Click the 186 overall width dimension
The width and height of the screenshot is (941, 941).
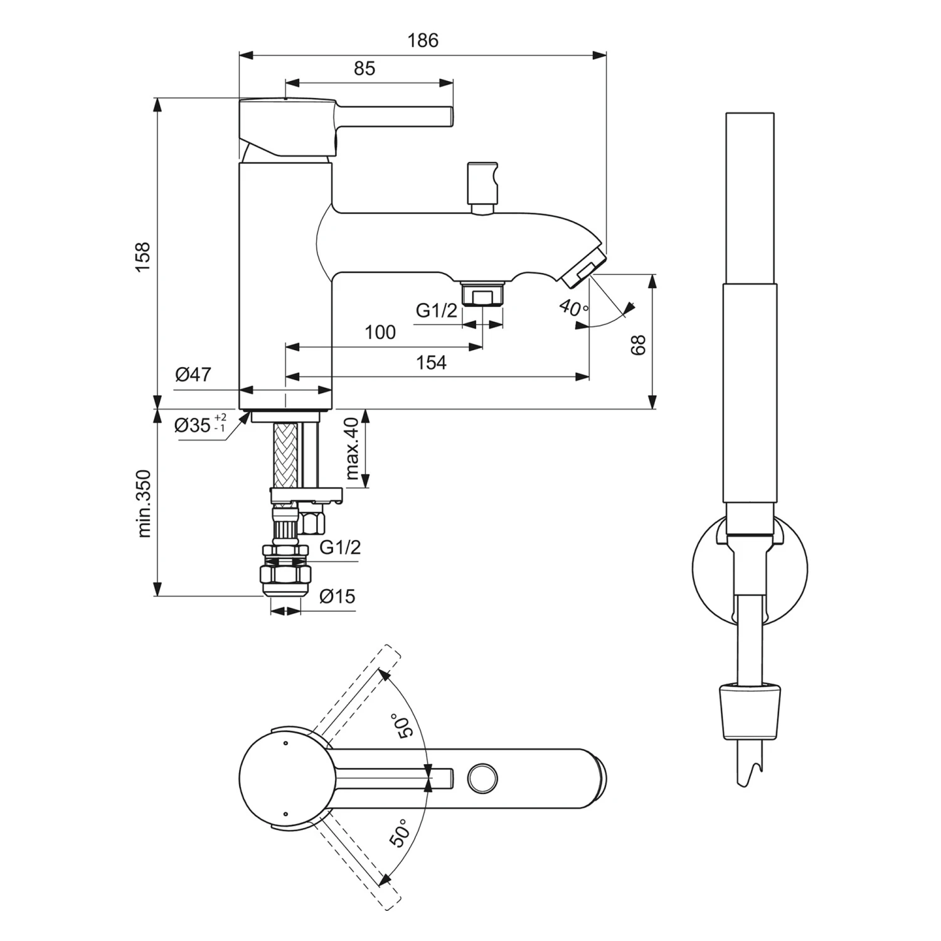pos(423,41)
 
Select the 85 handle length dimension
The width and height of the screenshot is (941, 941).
pos(364,68)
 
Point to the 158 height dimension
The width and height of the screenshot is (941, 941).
pos(143,256)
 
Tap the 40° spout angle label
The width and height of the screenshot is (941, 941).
pos(573,307)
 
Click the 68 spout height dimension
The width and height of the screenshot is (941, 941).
pos(638,345)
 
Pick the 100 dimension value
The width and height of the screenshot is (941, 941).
pos(380,332)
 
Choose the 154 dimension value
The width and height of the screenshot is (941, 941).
pos(431,363)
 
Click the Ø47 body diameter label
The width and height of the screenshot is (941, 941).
pos(193,375)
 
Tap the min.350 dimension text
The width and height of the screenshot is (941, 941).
pos(144,503)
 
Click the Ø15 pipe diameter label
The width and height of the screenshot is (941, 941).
pos(337,596)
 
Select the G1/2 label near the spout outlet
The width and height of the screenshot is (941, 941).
pos(437,310)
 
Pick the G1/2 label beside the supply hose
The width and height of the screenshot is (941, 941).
pos(340,547)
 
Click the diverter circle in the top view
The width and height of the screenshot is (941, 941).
pos(483,779)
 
